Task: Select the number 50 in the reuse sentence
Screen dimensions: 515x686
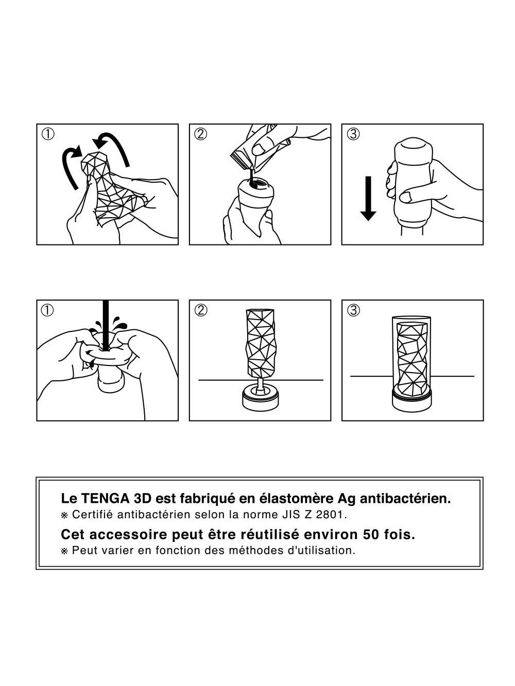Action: [x=371, y=535]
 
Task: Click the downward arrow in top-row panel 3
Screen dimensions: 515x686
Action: [x=368, y=199]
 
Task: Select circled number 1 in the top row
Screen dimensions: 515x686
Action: [x=48, y=134]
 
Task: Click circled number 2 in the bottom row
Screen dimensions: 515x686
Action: [x=200, y=310]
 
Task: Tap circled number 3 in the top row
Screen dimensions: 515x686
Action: [x=353, y=134]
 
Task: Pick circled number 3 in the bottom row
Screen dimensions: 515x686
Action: [x=353, y=310]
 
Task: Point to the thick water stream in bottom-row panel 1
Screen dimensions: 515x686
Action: [x=106, y=325]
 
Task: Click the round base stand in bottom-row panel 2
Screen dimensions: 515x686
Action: [x=260, y=399]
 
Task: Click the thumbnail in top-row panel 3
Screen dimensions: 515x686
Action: [x=406, y=197]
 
